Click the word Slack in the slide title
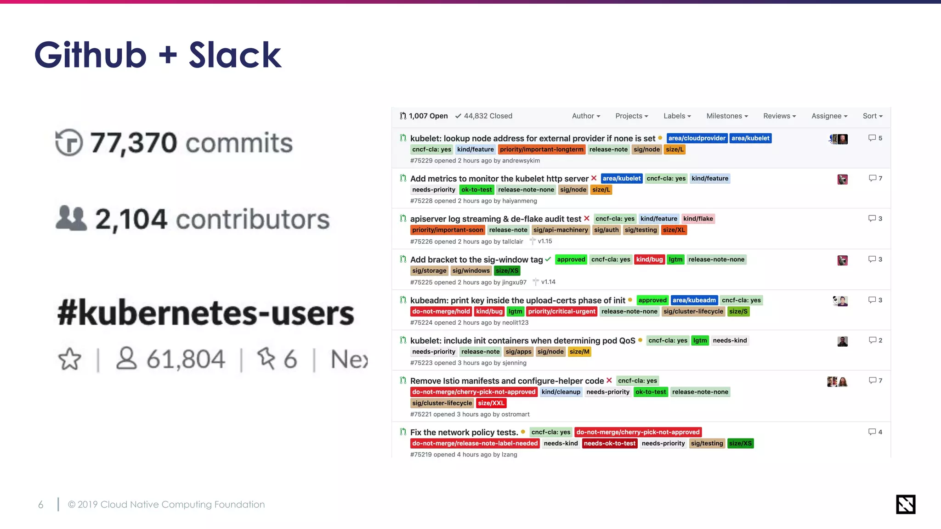pyautogui.click(x=235, y=55)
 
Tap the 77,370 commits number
pyautogui.click(x=133, y=142)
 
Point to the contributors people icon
pyautogui.click(x=71, y=218)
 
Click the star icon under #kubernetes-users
pyautogui.click(x=70, y=359)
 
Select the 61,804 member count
pyautogui.click(x=186, y=359)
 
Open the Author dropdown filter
pyautogui.click(x=586, y=116)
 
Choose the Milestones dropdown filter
pyautogui.click(x=727, y=116)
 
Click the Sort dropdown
pyautogui.click(x=872, y=116)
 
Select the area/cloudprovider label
pyautogui.click(x=697, y=138)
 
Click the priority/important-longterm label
pyautogui.click(x=541, y=149)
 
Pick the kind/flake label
pyautogui.click(x=698, y=219)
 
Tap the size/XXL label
pyautogui.click(x=491, y=403)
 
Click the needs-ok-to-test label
pyautogui.click(x=609, y=443)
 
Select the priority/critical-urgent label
pyautogui.click(x=561, y=311)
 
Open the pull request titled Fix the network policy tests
pyautogui.click(x=464, y=432)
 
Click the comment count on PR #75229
pyautogui.click(x=875, y=138)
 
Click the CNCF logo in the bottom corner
pyautogui.click(x=905, y=504)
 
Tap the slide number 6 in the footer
pyautogui.click(x=41, y=505)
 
